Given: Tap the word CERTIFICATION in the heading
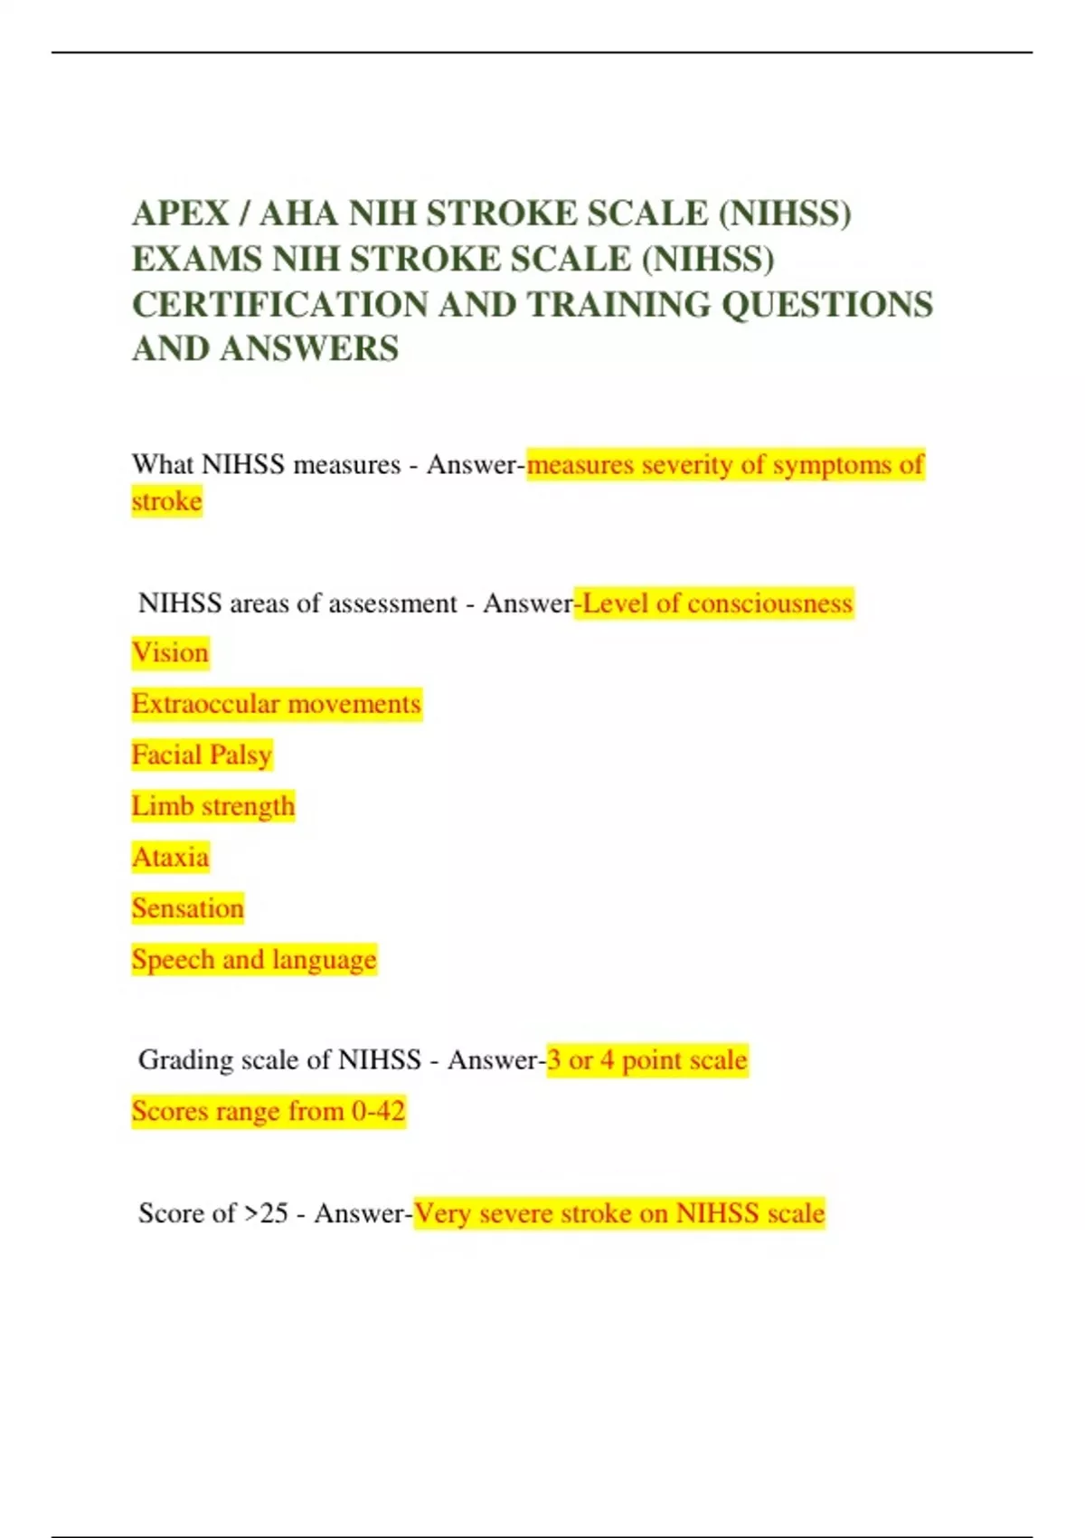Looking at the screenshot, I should (280, 305).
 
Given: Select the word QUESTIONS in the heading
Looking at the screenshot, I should (826, 305).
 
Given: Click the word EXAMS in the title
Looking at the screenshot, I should (196, 260).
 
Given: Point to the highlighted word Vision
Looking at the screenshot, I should (170, 652).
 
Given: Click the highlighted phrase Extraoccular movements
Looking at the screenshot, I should (276, 704).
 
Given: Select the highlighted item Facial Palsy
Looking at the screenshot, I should (202, 755).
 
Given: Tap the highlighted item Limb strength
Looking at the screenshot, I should (213, 806).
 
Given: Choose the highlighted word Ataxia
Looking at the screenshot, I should (170, 857).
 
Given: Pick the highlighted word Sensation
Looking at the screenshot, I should (188, 908).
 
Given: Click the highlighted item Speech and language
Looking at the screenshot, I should (254, 959).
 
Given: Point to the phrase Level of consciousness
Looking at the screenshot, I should (717, 603).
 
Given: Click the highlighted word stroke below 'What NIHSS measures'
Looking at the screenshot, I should (166, 501).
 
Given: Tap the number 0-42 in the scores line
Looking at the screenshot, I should (378, 1111).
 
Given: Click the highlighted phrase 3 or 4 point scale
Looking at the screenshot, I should (647, 1059).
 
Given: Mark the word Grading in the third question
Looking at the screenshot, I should (185, 1059).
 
